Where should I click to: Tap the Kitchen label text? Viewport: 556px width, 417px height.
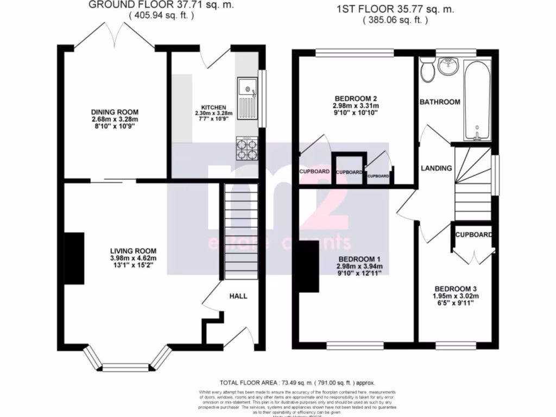click(x=210, y=108)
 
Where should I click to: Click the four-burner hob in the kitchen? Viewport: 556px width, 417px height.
click(x=247, y=149)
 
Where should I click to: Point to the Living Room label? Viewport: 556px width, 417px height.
click(x=132, y=251)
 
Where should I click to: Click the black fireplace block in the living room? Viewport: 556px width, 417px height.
click(x=74, y=258)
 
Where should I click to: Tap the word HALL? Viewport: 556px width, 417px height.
click(x=238, y=296)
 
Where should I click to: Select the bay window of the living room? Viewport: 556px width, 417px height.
click(x=125, y=365)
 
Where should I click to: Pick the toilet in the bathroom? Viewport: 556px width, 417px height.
click(x=427, y=70)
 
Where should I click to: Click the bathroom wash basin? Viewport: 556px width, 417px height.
click(x=449, y=67)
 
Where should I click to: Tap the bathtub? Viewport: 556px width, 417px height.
click(x=476, y=100)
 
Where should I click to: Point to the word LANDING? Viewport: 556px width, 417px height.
click(x=437, y=168)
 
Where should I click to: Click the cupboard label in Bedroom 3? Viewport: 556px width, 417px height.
click(x=473, y=235)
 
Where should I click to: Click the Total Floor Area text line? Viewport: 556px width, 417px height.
click(x=297, y=382)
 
